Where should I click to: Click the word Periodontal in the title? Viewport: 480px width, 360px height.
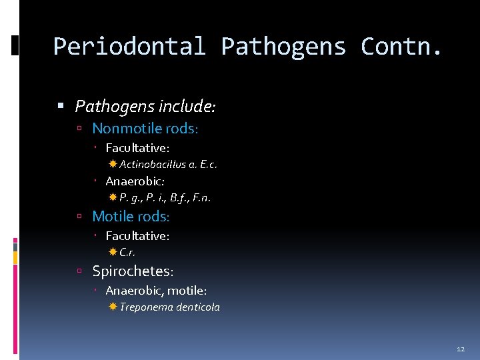(129, 47)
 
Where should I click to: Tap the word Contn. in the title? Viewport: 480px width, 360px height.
(401, 47)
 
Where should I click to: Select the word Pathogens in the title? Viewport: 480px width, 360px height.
(283, 47)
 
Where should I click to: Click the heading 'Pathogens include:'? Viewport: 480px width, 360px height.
(145, 106)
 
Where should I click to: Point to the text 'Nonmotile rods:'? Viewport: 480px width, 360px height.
(145, 128)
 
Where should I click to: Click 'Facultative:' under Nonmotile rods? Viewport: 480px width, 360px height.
(137, 147)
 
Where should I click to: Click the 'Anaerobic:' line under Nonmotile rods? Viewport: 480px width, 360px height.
(135, 181)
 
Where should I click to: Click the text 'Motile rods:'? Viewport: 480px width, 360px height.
(131, 216)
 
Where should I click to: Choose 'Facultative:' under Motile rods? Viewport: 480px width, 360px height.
(137, 235)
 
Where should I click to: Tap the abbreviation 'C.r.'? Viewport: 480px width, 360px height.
(127, 252)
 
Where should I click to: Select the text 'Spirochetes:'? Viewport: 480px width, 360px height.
(133, 271)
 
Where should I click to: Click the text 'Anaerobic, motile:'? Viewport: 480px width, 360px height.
(156, 291)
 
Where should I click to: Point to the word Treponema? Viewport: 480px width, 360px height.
(146, 307)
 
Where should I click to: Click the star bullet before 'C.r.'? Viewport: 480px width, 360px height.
(113, 251)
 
